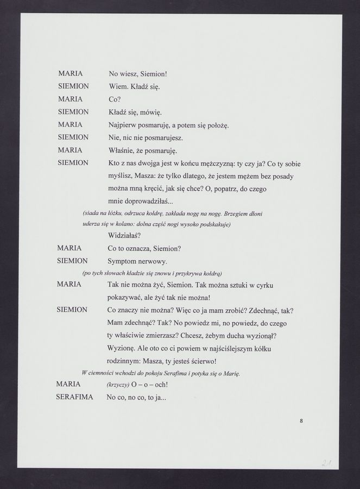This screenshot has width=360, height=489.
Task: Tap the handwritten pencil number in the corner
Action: click(x=328, y=462)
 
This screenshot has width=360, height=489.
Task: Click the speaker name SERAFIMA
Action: click(x=74, y=398)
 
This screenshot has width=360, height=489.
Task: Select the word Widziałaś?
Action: click(x=125, y=236)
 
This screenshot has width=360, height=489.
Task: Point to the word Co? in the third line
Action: click(x=115, y=99)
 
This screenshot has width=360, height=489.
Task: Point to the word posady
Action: click(x=288, y=177)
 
